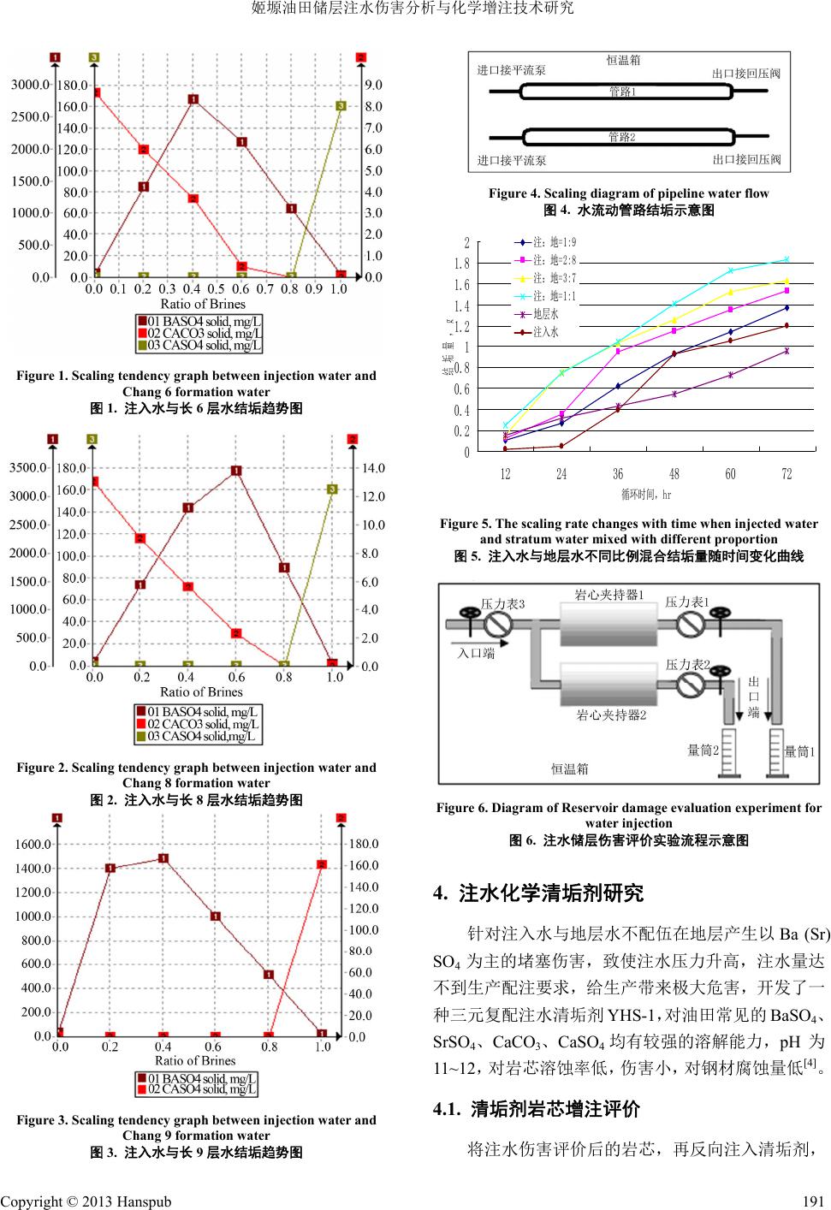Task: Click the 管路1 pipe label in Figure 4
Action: click(621, 92)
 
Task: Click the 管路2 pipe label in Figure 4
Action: click(621, 137)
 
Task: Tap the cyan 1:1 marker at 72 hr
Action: click(786, 259)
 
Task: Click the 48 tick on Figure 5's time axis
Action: click(674, 474)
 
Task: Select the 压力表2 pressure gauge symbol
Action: click(689, 683)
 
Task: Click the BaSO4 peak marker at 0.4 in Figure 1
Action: click(193, 99)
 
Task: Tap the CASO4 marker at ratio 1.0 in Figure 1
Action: click(341, 105)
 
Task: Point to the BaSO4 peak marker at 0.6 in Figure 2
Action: click(236, 470)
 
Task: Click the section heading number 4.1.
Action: click(448, 1110)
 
